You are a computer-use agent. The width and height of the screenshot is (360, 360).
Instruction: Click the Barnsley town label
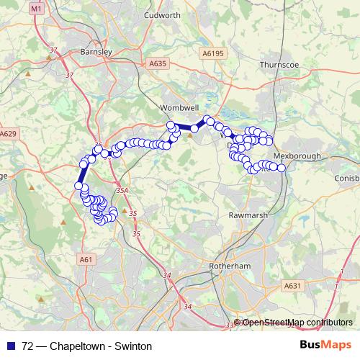(95, 52)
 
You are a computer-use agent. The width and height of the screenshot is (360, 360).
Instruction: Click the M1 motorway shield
(39, 8)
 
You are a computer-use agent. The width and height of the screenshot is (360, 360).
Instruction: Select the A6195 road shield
(212, 53)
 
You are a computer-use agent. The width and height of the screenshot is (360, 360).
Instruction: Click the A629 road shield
(8, 134)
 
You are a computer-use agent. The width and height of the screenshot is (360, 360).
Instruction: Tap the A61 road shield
(86, 259)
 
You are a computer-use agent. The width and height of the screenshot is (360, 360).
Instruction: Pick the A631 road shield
(292, 286)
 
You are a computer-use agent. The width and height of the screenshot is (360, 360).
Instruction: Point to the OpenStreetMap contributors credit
(297, 322)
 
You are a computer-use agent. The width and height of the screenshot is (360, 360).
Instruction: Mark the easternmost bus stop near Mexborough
(282, 168)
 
